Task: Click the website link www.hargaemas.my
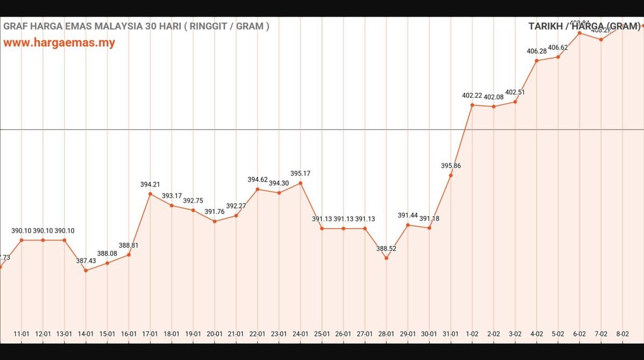coord(59,43)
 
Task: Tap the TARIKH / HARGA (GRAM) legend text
coord(584,26)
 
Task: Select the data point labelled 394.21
coord(150,194)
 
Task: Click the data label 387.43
coord(85,261)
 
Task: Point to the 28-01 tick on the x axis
coord(386,334)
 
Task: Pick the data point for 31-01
coord(450,175)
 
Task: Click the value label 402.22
coord(472,96)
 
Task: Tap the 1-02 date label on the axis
coord(472,334)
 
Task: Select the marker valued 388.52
coord(386,258)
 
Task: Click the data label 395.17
coord(300,174)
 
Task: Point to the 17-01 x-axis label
coord(150,334)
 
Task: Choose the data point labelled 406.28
coord(536,61)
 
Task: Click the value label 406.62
coord(558,47)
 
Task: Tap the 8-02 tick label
coord(622,334)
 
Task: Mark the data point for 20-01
coord(214,221)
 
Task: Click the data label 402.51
coord(515,92)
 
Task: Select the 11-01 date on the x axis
coord(22,334)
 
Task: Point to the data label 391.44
coord(407,215)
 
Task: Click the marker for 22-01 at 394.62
coord(257,189)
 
